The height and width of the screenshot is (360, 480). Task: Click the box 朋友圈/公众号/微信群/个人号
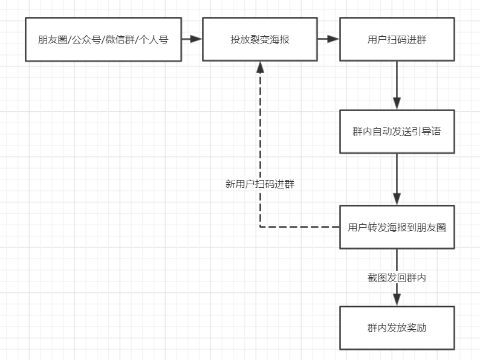point(103,39)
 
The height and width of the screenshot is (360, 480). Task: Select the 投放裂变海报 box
point(260,39)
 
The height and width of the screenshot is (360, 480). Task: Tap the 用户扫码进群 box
point(397,39)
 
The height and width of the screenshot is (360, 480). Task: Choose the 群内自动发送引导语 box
point(397,131)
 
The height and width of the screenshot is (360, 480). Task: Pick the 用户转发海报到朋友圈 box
point(397,227)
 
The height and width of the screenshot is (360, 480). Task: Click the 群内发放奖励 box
point(397,328)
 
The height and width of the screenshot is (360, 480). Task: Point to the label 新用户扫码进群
point(260,184)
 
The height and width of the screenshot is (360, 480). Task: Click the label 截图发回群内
point(397,277)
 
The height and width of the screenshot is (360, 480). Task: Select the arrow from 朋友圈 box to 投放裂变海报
point(192,39)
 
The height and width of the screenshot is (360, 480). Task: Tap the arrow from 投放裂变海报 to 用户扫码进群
point(329,39)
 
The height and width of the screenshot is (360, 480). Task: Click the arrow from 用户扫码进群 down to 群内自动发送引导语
point(397,85)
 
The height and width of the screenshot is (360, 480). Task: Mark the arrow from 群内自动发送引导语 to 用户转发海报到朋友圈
point(397,179)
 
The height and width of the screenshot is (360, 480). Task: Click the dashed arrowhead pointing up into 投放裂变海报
point(260,66)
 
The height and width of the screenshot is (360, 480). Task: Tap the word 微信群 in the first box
point(120,40)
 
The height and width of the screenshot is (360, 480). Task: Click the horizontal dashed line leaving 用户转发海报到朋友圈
point(300,227)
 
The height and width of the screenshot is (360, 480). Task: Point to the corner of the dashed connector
point(260,227)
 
